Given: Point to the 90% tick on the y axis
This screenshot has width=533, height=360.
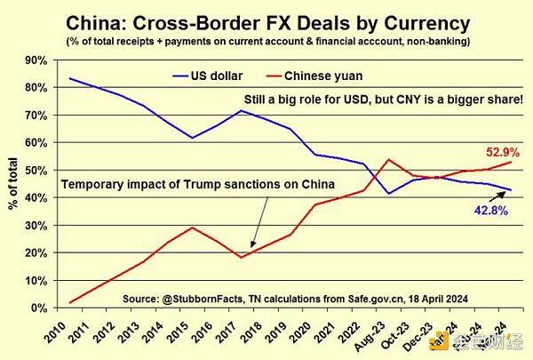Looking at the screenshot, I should [38, 60].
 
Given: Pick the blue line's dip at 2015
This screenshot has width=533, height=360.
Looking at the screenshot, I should [193, 138].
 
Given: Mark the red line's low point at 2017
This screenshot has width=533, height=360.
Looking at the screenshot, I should [241, 257].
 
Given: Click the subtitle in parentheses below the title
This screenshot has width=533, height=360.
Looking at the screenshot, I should [266, 41].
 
